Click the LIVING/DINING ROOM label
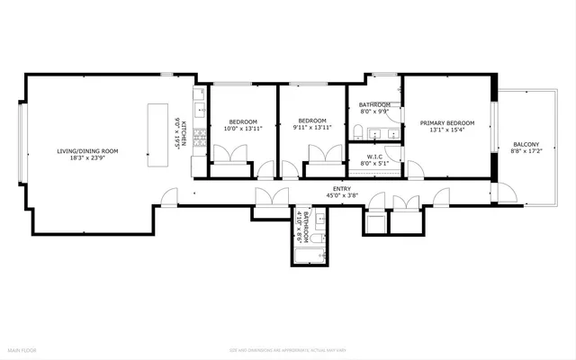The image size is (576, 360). pos(87,150)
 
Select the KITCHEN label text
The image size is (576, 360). pos(184,134)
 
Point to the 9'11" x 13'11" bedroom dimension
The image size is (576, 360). pos(312,128)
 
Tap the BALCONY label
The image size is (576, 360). pos(526,145)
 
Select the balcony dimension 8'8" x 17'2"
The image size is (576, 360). pos(526,152)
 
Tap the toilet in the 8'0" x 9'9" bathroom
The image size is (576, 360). pos(358,134)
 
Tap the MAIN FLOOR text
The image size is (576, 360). pos(22,348)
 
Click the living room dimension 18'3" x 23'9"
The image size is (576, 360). pos(87,157)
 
